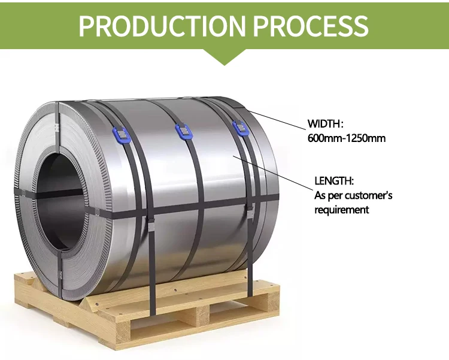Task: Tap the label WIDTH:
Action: tap(324, 124)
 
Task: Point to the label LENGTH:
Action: tap(334, 180)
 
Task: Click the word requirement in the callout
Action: tap(341, 210)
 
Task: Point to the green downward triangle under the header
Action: tap(224, 56)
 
